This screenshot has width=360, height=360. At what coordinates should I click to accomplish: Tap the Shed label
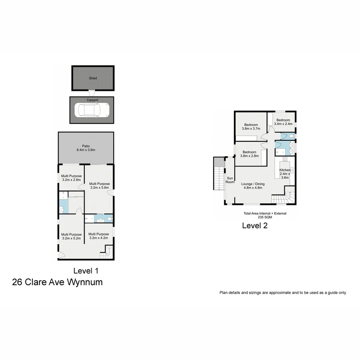[93, 78]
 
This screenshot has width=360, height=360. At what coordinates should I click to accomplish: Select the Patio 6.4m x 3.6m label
[86, 148]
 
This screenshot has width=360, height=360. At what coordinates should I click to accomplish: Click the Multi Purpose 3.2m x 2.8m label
[71, 178]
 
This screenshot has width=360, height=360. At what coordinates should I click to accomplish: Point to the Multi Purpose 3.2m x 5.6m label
[99, 186]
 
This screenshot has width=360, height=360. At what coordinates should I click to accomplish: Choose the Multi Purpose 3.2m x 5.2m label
[71, 236]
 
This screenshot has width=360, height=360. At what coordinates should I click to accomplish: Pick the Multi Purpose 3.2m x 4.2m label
[99, 236]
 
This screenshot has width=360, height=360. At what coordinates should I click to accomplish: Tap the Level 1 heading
[86, 271]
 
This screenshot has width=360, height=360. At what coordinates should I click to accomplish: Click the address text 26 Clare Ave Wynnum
[57, 282]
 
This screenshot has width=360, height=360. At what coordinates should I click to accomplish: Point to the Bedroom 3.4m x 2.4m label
[283, 122]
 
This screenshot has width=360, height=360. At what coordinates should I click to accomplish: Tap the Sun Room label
[230, 180]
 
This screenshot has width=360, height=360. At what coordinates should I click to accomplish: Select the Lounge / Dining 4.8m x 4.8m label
[253, 186]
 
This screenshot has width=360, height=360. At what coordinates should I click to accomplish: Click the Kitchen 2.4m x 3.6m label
[285, 174]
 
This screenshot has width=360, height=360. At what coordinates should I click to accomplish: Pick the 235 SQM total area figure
[265, 217]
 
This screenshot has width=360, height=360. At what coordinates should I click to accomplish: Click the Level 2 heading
[255, 226]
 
